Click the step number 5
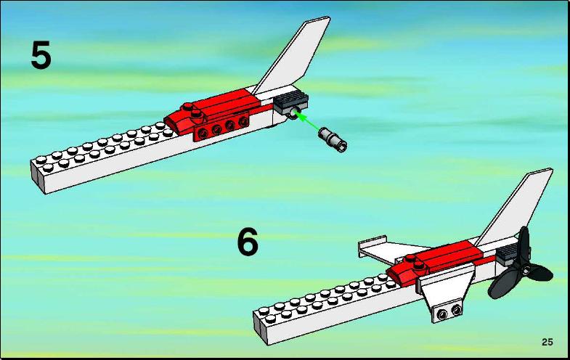coord(41,55)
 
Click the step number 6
coord(248,242)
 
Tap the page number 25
coord(547,342)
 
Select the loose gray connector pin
coord(333,140)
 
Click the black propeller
coord(520,267)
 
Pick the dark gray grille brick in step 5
coord(291,101)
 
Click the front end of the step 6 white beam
coord(260,326)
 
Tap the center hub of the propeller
coord(525,269)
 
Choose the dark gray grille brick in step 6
coord(508,253)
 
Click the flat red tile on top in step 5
coord(226,100)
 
